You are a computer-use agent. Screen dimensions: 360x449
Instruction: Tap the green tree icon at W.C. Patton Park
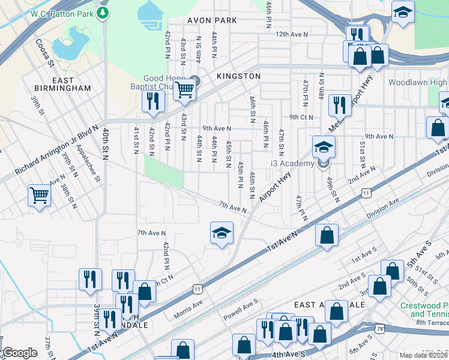click(103, 12)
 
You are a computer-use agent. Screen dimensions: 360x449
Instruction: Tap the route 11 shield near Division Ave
click(366, 193)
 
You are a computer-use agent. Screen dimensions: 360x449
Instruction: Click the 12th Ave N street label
click(291, 35)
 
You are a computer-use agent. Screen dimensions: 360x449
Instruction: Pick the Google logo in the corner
click(20, 353)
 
